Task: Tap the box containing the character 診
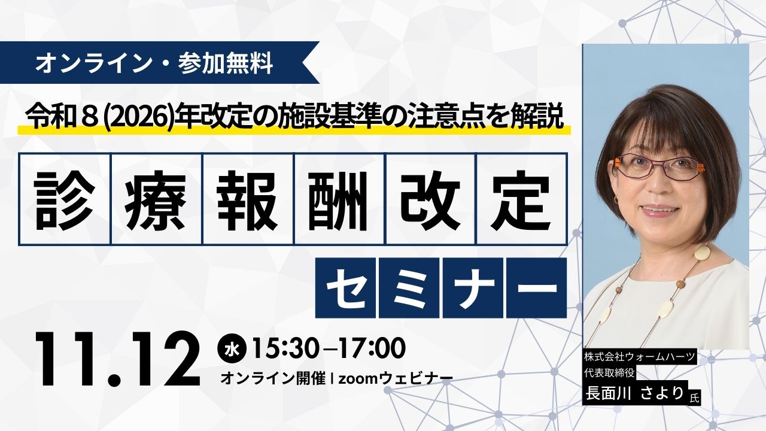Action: (x=65, y=199)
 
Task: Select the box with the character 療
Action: (x=156, y=199)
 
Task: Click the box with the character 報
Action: (x=248, y=199)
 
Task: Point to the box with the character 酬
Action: (x=339, y=199)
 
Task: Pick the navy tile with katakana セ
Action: (x=345, y=288)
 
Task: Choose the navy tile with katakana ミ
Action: (x=409, y=288)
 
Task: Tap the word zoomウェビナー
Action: (x=395, y=378)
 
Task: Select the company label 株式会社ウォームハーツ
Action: (x=640, y=357)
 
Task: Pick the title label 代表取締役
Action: (x=609, y=372)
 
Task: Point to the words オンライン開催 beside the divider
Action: (x=273, y=378)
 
